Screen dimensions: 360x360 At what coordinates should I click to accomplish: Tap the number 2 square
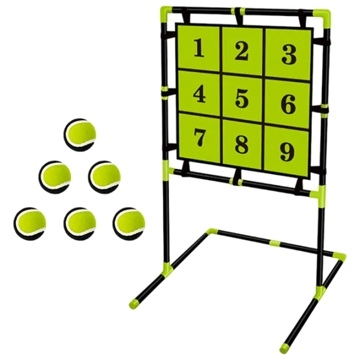[241, 50]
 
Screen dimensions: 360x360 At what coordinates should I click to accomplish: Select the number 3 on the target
[289, 55]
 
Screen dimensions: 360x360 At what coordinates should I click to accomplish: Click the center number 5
[241, 98]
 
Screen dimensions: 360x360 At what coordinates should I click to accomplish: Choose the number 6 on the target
[289, 104]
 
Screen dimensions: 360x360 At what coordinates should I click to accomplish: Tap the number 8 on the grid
[241, 143]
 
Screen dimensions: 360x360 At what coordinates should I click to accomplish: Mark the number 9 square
[287, 151]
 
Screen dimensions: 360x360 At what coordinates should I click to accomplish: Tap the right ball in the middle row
[106, 175]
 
